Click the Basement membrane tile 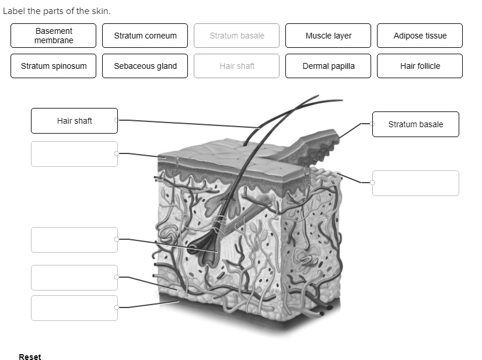pyautogui.click(x=54, y=36)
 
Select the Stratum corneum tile pyautogui.click(x=145, y=36)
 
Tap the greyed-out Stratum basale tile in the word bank pyautogui.click(x=236, y=36)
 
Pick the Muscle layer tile pyautogui.click(x=328, y=36)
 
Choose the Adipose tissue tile pyautogui.click(x=420, y=36)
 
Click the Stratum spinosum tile pyautogui.click(x=54, y=66)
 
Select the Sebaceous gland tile pyautogui.click(x=145, y=66)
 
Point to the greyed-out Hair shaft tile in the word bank pyautogui.click(x=236, y=66)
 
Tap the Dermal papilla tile pyautogui.click(x=328, y=66)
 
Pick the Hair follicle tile pyautogui.click(x=420, y=66)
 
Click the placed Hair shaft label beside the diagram pyautogui.click(x=74, y=121)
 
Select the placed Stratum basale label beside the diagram pyautogui.click(x=415, y=124)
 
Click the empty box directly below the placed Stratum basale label pyautogui.click(x=415, y=183)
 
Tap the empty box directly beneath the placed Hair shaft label pyautogui.click(x=74, y=154)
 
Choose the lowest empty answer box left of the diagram pyautogui.click(x=74, y=308)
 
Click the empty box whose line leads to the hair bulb pyautogui.click(x=74, y=240)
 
